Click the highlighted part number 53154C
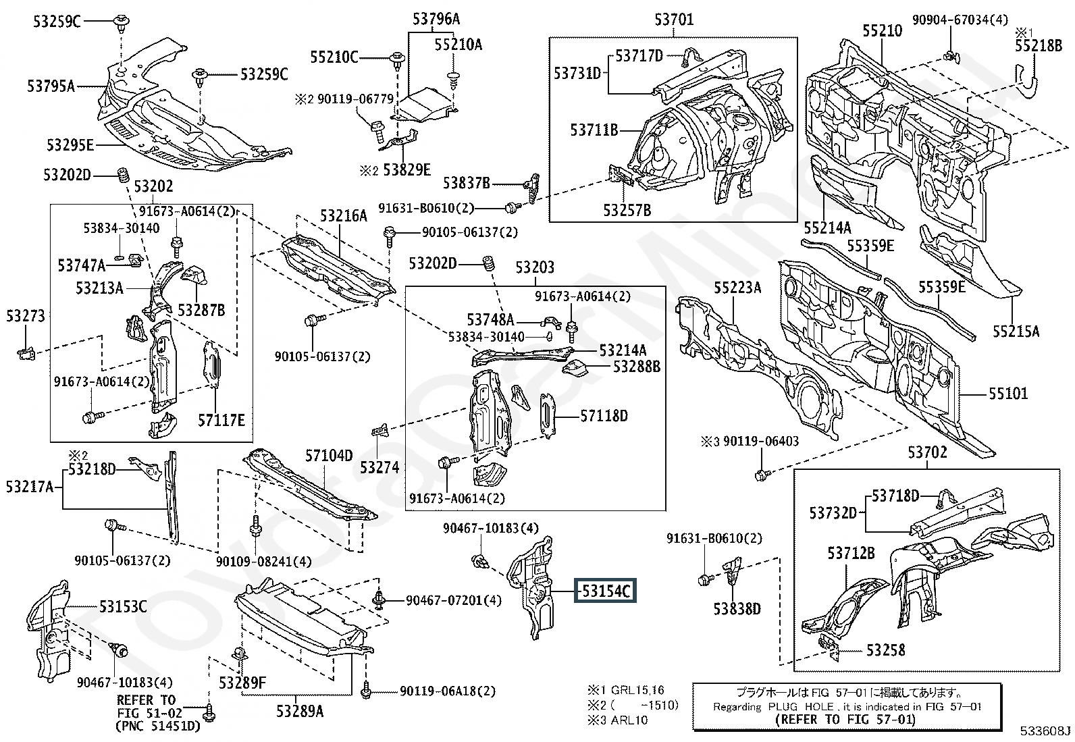pos(605,591)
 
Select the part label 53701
pos(673,20)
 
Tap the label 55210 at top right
pos(882,31)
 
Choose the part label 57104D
pos(329,456)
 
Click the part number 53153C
pos(123,606)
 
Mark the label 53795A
pos(51,86)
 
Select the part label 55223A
pos(737,288)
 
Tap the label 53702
pos(927,452)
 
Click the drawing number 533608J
pos(1045,731)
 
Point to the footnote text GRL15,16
pos(637,690)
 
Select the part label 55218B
pos(1038,46)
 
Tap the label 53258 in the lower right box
pos(885,650)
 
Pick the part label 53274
pos(379,467)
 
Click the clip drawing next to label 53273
pos(25,352)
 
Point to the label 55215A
pos(1016,331)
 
